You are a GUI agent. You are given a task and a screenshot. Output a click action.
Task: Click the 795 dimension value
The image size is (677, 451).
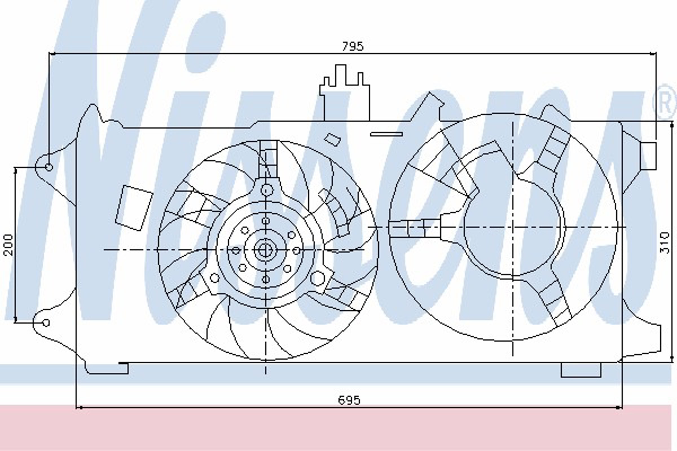(x=353, y=46)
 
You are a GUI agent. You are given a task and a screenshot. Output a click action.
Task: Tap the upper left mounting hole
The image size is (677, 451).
(x=49, y=167)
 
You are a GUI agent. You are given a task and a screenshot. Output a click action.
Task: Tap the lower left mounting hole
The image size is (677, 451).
(x=46, y=323)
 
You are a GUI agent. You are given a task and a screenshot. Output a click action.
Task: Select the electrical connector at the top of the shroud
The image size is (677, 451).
(x=344, y=93)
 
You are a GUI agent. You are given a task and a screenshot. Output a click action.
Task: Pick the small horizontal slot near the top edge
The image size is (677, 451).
(x=386, y=134)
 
